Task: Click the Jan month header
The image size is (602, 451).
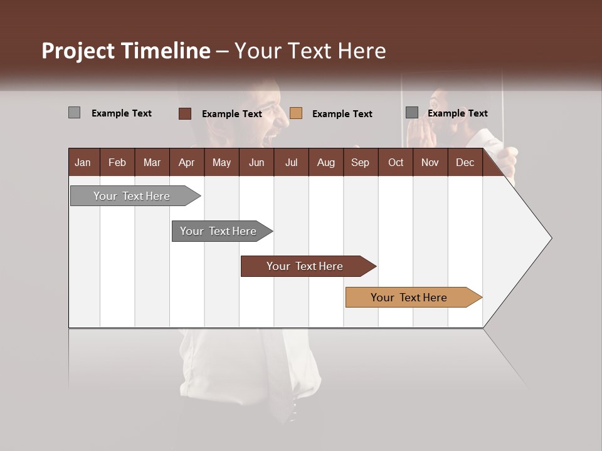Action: (x=83, y=162)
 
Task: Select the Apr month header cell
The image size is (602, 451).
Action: (x=187, y=162)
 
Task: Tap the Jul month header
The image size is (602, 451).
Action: (x=291, y=162)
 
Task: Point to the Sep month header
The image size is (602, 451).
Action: (x=360, y=162)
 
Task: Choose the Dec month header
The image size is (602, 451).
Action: (x=465, y=162)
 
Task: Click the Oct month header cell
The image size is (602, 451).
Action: (x=395, y=162)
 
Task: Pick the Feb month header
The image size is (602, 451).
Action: (x=117, y=162)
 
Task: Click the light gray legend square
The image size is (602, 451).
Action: (x=74, y=113)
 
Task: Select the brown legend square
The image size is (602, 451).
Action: (x=185, y=113)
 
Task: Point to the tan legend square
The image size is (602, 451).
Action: (x=296, y=113)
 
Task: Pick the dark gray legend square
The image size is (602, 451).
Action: (x=412, y=113)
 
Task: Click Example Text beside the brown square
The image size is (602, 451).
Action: (x=231, y=114)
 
